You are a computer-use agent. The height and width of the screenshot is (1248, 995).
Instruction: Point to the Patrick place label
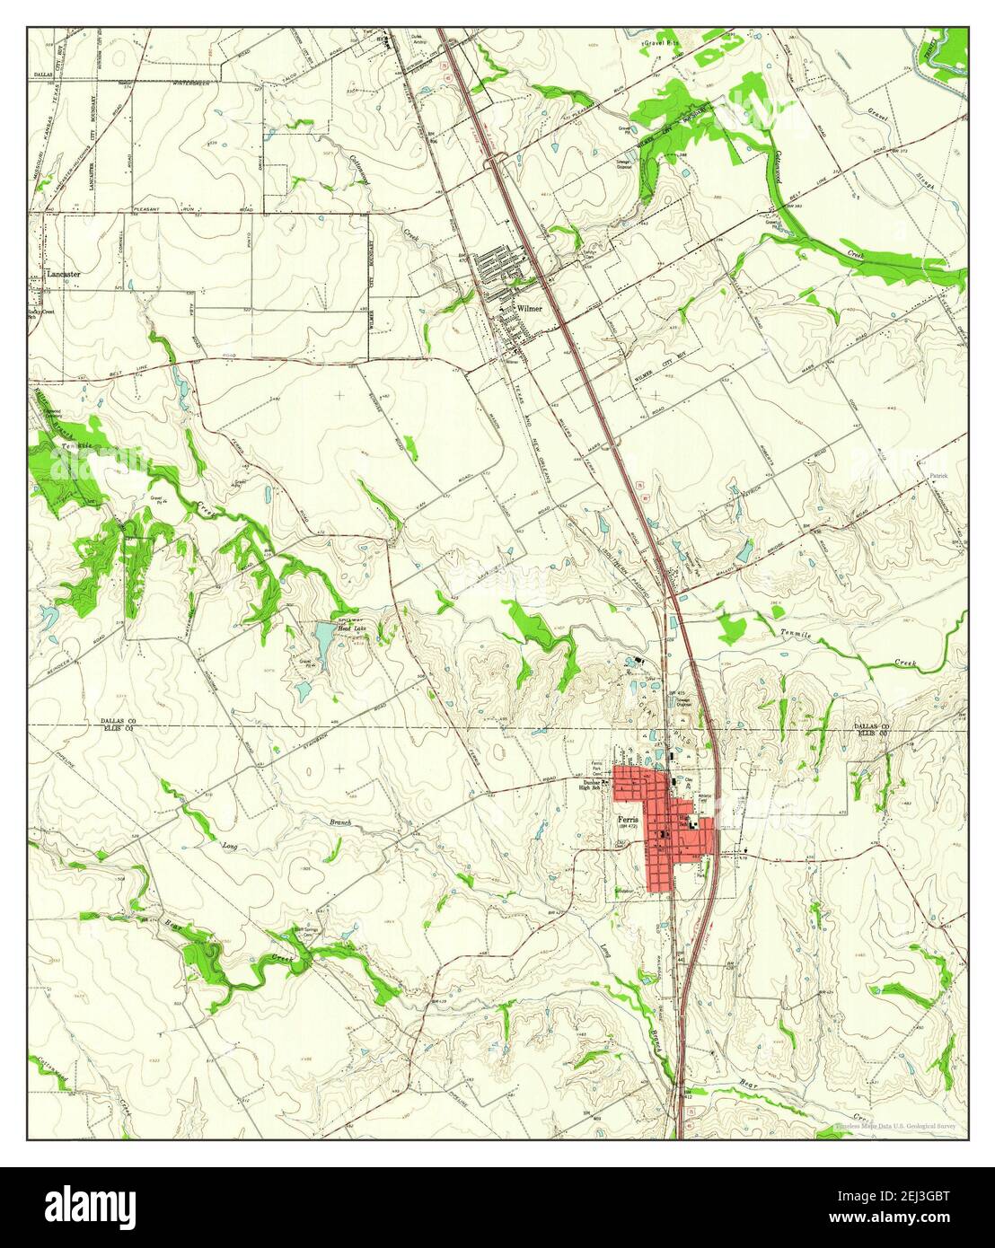pyautogui.click(x=938, y=475)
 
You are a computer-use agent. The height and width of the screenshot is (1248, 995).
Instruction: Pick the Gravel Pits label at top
pyautogui.click(x=665, y=42)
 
